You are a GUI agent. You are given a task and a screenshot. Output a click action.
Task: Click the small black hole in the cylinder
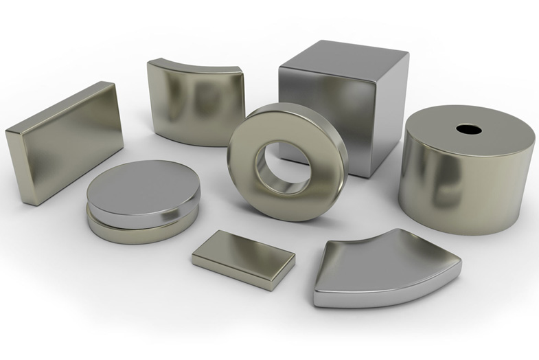click(x=468, y=129)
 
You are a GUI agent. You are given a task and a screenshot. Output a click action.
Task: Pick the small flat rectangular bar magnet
click(x=244, y=259)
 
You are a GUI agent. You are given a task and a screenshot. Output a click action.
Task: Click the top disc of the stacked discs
click(x=143, y=191)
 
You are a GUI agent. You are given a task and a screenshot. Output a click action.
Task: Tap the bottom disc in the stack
click(x=137, y=232)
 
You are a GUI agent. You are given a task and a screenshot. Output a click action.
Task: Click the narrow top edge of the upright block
click(x=58, y=106)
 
